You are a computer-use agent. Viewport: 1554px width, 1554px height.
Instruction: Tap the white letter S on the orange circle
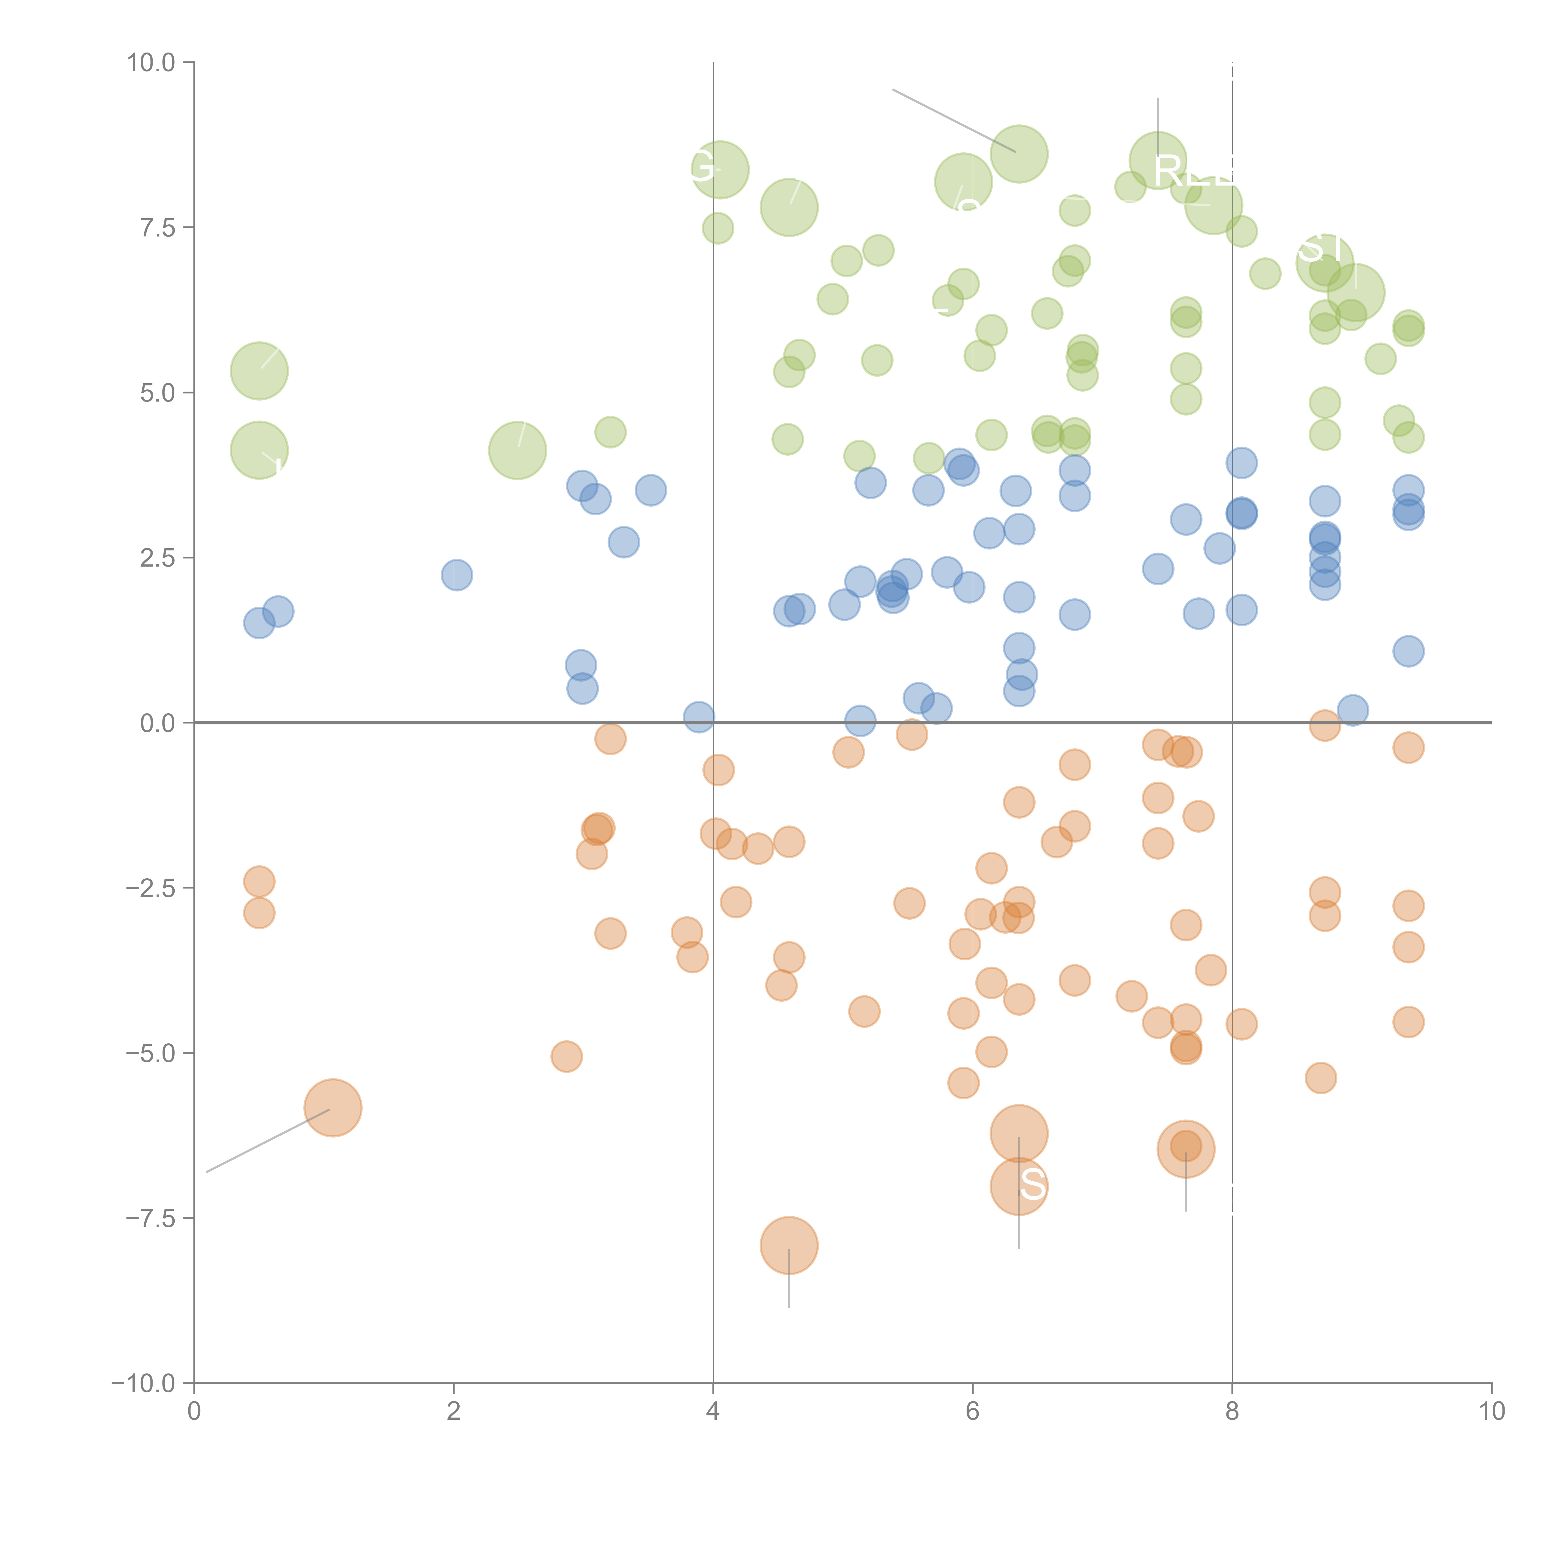(x=1033, y=1185)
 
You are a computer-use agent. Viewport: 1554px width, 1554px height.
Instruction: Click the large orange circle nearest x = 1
(x=332, y=1108)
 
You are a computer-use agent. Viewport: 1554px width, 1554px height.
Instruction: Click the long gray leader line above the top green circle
(x=953, y=121)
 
